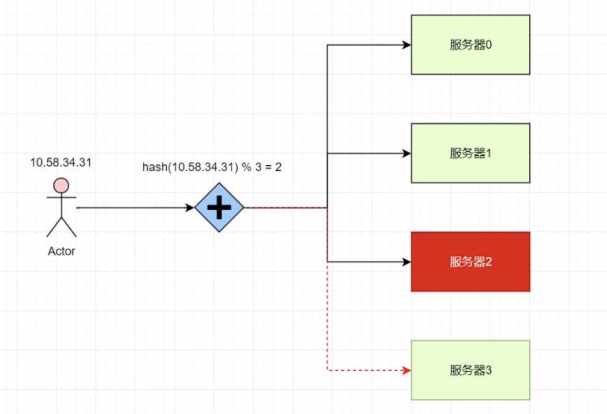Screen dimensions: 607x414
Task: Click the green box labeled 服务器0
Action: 470,45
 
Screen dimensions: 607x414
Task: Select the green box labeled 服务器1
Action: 470,153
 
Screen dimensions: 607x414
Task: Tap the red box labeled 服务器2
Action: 470,262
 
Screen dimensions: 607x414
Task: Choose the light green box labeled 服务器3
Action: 470,370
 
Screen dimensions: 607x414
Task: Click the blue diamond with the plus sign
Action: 219,207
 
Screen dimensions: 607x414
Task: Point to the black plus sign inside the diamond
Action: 219,207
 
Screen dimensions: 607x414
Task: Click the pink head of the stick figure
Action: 61,186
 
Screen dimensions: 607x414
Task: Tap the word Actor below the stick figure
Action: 62,251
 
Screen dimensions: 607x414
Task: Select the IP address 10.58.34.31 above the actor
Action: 61,162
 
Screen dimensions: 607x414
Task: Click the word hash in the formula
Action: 155,167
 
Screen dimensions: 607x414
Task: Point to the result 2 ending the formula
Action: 278,167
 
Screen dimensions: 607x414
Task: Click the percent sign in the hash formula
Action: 247,167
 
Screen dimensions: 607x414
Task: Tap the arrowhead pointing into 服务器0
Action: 406,45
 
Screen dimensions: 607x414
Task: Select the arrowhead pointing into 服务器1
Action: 406,153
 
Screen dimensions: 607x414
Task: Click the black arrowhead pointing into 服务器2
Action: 406,262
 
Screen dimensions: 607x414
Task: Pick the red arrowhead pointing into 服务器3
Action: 406,370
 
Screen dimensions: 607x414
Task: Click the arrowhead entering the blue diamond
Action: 190,208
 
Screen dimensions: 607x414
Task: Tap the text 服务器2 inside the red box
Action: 471,262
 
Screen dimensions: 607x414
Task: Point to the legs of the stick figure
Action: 62,227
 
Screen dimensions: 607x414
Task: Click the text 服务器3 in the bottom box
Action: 471,370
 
